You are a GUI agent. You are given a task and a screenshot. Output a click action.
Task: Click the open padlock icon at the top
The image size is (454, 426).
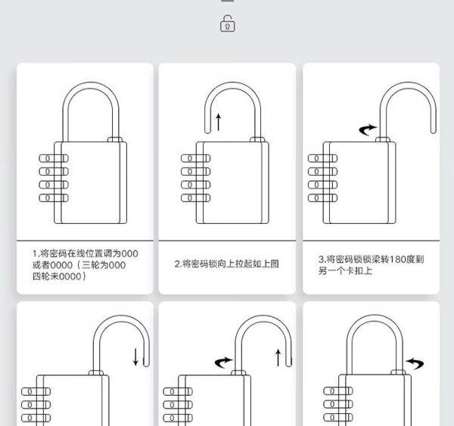click(228, 23)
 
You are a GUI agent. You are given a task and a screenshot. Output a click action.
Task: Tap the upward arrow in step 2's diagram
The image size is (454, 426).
click(219, 122)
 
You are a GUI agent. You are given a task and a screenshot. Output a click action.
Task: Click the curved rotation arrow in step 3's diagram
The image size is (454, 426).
click(368, 129)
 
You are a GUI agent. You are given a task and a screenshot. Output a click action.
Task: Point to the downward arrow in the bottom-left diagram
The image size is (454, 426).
click(135, 357)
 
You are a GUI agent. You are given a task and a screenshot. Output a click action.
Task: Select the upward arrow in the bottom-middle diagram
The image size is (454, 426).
click(278, 358)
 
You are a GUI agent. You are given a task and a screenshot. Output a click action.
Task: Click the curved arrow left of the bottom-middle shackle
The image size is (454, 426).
click(223, 362)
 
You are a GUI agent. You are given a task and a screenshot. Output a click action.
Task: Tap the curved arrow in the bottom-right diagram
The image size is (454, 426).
click(415, 363)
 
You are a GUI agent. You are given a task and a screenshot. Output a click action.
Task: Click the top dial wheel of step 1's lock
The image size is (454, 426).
click(54, 158)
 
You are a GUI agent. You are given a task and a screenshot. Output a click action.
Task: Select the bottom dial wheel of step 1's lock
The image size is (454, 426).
click(54, 197)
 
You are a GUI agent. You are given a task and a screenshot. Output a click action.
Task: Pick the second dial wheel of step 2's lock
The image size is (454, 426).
click(195, 172)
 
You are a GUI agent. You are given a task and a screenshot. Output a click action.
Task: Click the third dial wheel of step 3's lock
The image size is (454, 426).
click(322, 185)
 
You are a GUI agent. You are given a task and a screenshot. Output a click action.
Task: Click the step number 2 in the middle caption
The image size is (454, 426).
click(177, 264)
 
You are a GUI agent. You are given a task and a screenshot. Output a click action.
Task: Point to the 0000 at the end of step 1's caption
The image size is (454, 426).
click(70, 277)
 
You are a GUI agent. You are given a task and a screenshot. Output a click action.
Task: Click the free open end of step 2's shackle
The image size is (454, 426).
click(207, 131)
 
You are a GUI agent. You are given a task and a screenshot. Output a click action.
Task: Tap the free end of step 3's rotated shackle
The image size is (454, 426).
click(434, 131)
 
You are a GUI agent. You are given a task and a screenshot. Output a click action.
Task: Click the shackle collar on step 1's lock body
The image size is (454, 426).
click(115, 139)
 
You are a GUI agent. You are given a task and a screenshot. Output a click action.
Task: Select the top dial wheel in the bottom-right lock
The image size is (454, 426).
click(338, 391)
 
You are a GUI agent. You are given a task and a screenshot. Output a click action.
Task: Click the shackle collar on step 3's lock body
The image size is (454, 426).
click(383, 139)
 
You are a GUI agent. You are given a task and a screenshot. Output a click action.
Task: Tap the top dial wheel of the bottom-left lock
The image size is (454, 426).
click(36, 391)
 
